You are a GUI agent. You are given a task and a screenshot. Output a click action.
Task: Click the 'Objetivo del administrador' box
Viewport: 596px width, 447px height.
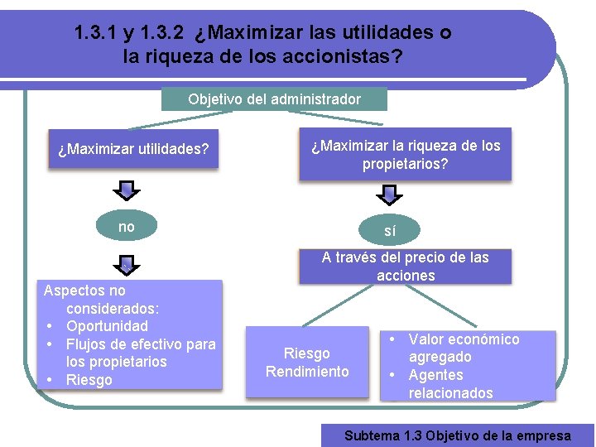(274, 99)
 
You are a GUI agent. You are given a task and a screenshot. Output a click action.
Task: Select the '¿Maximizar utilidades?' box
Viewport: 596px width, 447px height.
(133, 150)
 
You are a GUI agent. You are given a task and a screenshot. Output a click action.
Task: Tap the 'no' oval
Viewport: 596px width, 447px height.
(127, 227)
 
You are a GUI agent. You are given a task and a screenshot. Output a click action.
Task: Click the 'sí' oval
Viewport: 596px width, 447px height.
(390, 231)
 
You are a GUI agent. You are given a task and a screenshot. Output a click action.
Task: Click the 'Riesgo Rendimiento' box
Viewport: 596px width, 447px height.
(307, 363)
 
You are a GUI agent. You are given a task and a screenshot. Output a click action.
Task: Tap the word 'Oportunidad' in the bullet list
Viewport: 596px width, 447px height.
(107, 326)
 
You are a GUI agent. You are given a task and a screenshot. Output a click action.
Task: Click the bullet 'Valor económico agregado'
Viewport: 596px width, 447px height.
(464, 348)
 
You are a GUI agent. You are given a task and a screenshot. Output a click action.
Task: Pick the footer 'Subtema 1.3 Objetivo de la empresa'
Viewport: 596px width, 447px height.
(457, 435)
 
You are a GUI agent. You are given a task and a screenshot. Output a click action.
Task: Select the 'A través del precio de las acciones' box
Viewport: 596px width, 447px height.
(405, 267)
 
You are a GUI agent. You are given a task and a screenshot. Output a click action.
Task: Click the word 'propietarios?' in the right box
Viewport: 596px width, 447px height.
(405, 164)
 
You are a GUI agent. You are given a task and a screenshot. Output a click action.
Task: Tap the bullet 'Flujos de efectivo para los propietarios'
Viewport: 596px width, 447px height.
(140, 353)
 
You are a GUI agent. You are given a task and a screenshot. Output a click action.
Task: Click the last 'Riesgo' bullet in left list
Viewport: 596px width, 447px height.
(89, 380)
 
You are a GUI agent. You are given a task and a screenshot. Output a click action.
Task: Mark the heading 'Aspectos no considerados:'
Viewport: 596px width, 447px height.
(102, 300)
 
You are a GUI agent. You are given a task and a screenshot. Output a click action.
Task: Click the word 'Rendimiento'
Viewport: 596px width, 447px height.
(307, 372)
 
